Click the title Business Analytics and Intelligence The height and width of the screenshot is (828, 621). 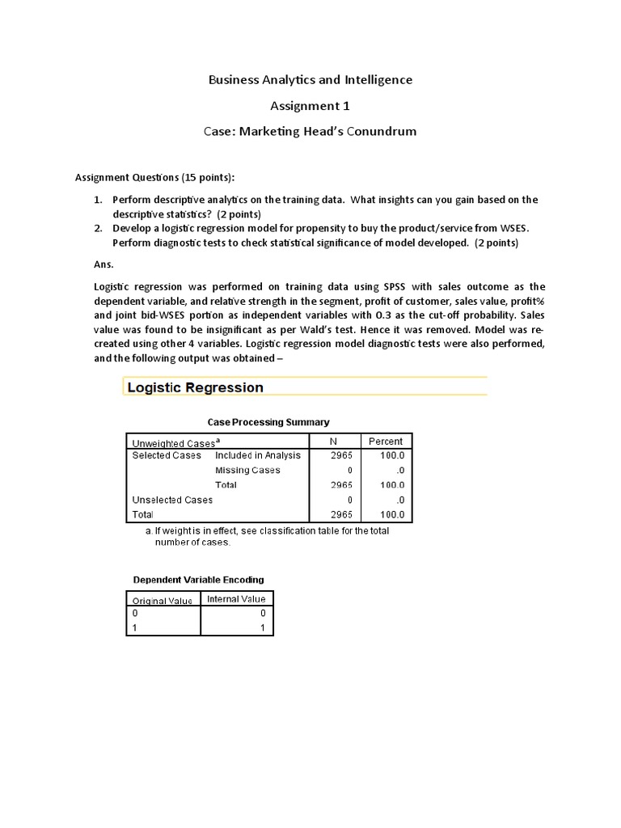coord(310,79)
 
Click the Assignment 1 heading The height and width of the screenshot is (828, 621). coord(310,105)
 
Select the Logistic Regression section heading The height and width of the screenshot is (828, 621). coord(195,387)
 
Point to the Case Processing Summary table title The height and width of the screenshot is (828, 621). coord(268,422)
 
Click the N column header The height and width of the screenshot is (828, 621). coord(332,441)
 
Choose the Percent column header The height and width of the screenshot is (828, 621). coord(385,441)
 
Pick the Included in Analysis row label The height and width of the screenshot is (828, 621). coord(257,455)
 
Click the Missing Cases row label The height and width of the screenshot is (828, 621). coord(247,470)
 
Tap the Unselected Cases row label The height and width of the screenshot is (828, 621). coord(172,500)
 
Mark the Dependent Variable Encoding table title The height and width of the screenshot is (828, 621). coord(198,580)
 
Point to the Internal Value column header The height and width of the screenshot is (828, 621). coord(236,599)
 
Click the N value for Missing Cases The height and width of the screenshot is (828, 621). coord(349,470)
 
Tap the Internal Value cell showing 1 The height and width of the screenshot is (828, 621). coord(263,628)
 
